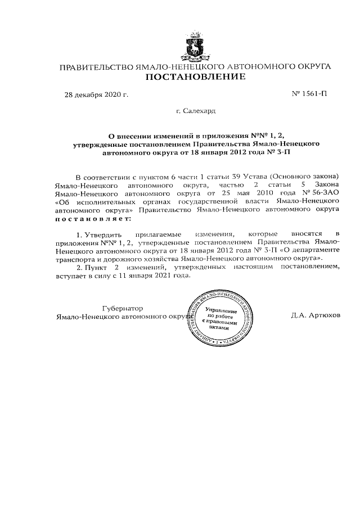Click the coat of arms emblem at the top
(x=195, y=47)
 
